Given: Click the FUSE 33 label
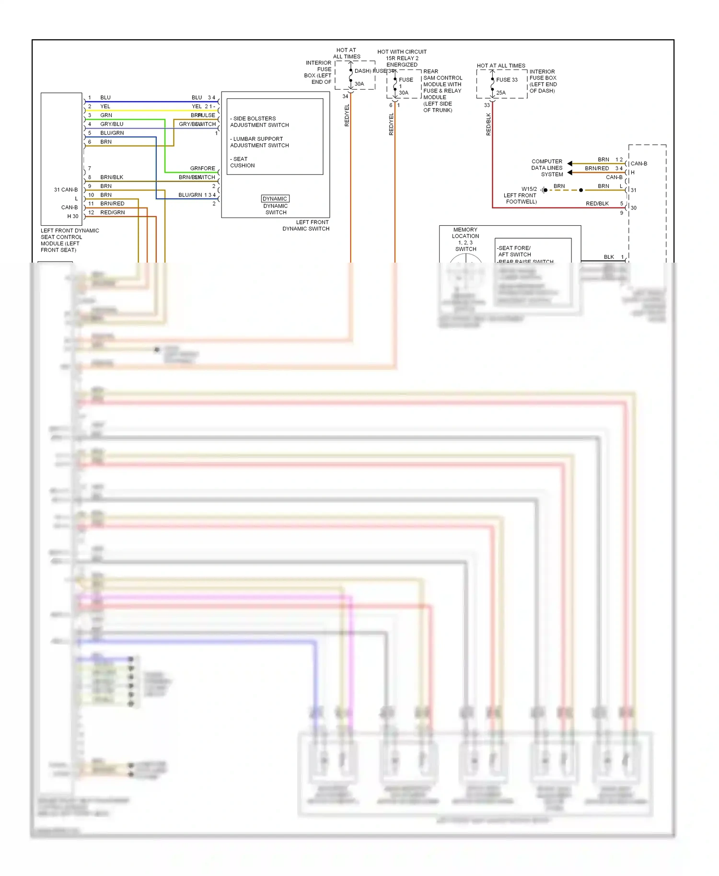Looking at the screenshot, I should pos(506,80).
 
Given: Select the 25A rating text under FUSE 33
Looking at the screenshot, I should pos(500,93).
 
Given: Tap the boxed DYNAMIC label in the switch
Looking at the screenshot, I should pos(275,199).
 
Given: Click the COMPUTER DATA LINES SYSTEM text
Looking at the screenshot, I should pos(547,168).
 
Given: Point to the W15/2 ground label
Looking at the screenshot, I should pos(529,189).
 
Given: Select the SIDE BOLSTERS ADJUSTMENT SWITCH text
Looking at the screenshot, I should pos(259,122).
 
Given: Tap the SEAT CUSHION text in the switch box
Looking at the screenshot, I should pos(242,162).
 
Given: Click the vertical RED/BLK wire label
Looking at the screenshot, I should pos(488,124).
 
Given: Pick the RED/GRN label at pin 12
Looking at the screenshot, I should pos(112,213).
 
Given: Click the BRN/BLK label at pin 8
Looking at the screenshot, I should pos(111,177).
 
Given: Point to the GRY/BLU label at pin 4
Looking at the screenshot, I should pos(111,124).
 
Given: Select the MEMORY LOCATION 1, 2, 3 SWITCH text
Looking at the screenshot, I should pos(465,239).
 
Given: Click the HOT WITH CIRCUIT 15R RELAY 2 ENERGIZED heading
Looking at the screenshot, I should pos(402,58).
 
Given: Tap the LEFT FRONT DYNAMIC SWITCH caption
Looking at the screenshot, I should pos(306,226).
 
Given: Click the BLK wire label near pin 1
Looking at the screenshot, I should pos(608,257).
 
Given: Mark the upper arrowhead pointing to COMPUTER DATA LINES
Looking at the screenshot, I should pos(570,163).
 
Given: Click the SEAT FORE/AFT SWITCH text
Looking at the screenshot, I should pos(514,252).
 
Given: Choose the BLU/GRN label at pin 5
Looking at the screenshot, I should pos(112,133).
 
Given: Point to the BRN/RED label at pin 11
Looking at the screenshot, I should pos(112,204).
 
